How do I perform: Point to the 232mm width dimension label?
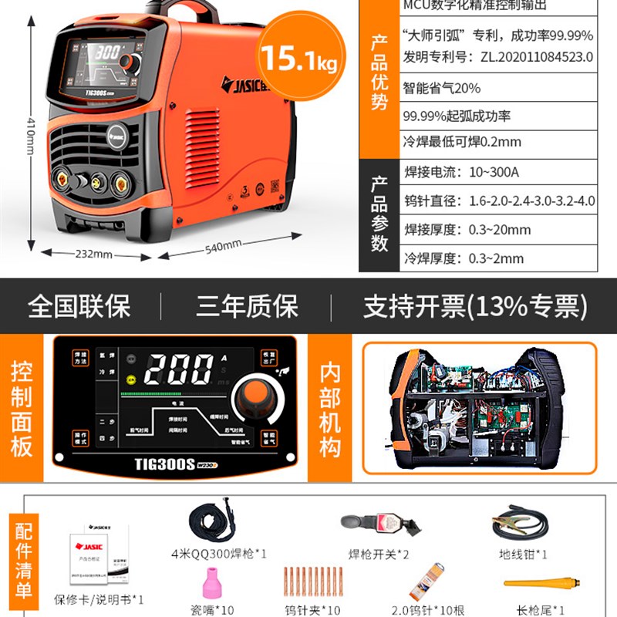click(93, 254)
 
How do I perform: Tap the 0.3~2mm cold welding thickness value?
click(496, 258)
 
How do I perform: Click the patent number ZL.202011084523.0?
click(531, 56)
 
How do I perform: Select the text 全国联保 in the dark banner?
click(79, 306)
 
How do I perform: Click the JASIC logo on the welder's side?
click(242, 83)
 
